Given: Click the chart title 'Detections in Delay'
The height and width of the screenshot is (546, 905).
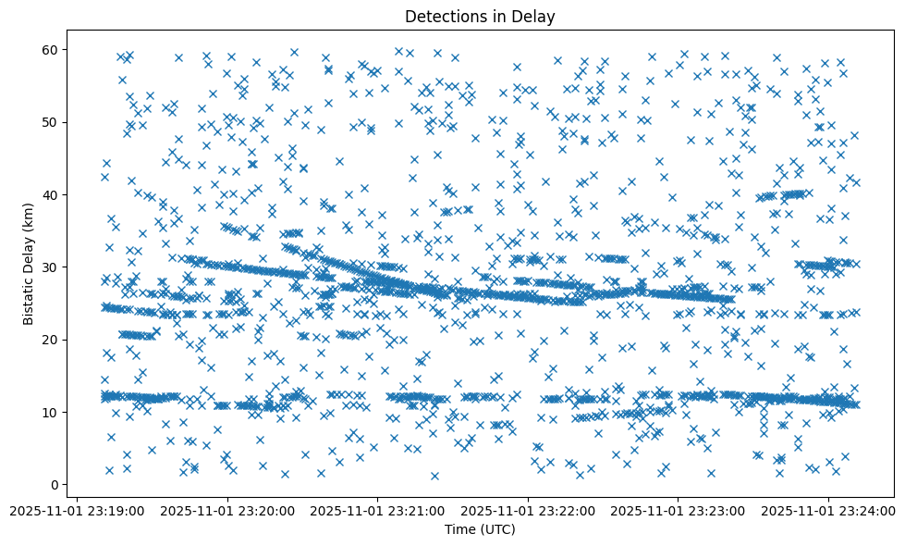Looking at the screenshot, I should point(480,16).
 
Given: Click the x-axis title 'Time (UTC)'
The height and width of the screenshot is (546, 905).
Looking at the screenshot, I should point(480,529).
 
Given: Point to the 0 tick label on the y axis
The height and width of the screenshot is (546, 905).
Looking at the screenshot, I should point(55,484).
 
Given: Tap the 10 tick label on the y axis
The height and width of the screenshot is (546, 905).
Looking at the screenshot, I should point(51,412).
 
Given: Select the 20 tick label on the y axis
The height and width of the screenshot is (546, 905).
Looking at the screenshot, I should point(51,340).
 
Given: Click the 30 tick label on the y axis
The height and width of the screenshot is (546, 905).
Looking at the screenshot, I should point(51,267).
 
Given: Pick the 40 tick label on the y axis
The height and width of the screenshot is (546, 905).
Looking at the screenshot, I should point(51,194).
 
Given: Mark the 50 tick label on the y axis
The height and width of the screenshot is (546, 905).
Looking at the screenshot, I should point(51,122).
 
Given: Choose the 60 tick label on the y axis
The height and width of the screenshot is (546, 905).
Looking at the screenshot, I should point(51,49).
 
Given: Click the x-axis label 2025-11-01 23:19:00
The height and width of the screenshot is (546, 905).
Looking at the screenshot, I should point(78,510).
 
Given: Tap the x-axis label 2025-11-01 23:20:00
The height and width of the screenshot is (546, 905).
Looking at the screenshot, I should point(227,510).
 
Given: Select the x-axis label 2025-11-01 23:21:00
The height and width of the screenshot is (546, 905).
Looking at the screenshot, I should point(378,510).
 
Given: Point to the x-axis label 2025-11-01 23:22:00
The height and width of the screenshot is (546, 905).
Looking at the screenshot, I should point(529,510).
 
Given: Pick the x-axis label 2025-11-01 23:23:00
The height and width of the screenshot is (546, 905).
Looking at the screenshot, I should point(679,510).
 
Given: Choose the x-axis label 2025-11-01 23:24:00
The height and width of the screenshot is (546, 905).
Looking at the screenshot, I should point(829,510).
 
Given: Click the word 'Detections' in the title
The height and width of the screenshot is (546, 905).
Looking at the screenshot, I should point(441,16).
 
